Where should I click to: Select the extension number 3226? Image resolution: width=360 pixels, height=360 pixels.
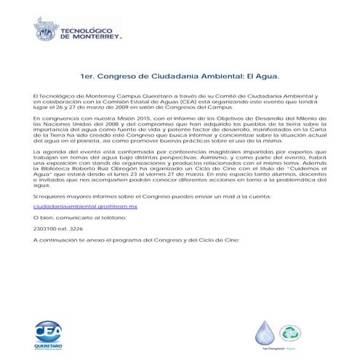pos(85,228)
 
